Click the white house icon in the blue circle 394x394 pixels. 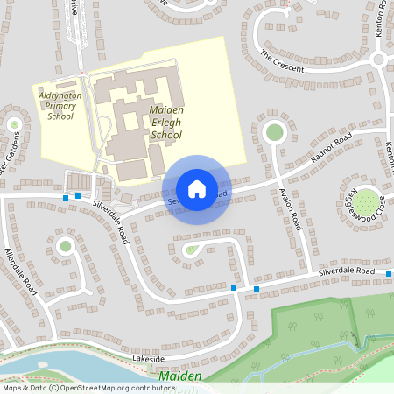[197, 188]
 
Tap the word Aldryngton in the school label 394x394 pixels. [61, 95]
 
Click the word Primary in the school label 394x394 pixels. [60, 105]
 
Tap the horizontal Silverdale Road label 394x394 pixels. [347, 274]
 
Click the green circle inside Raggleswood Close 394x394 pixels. [367, 201]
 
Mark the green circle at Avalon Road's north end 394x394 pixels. [274, 132]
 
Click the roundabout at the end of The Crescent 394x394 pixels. [378, 60]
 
